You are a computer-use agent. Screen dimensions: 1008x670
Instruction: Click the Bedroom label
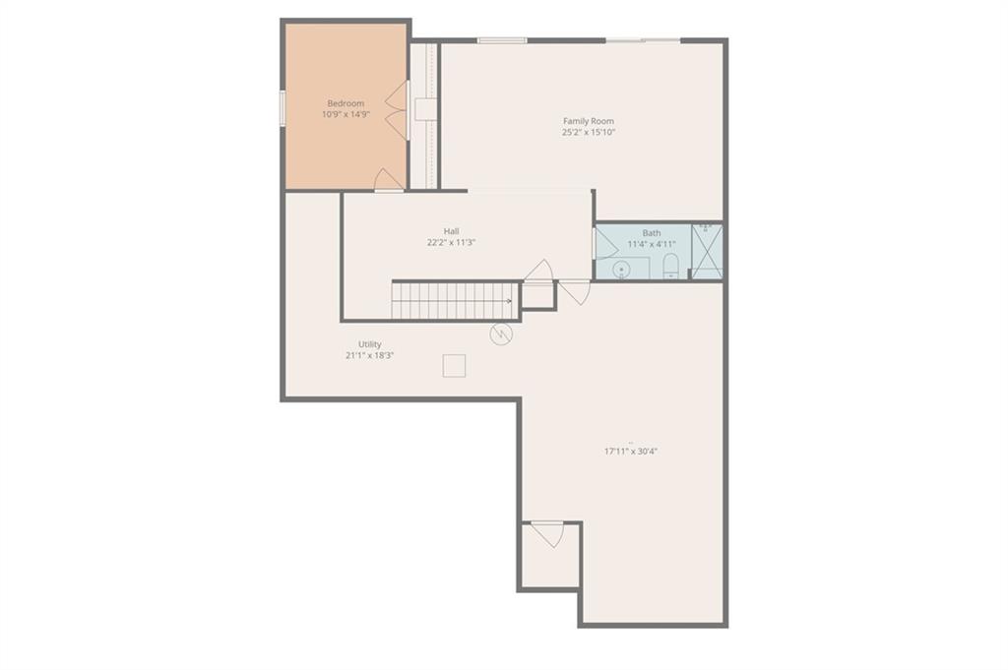click(346, 103)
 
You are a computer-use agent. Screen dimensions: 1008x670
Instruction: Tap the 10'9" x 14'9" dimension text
click(346, 115)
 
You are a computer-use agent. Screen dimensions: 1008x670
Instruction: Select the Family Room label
click(589, 121)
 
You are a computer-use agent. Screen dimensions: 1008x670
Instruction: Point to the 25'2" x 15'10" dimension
click(589, 133)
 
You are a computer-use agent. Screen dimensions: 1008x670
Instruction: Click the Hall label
click(451, 231)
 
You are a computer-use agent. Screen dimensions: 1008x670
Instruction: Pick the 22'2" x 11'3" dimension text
click(451, 243)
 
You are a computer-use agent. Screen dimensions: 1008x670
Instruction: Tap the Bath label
click(652, 233)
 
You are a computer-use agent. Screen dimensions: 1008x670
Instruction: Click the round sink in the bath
click(621, 270)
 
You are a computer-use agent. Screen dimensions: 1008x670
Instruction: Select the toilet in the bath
click(670, 266)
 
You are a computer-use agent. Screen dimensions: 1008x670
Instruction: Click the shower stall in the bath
click(707, 251)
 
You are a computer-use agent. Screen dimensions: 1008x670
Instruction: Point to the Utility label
click(370, 344)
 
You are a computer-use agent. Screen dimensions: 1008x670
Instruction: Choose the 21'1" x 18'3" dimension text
click(370, 355)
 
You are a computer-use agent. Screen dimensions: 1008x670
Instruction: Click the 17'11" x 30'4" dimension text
click(631, 451)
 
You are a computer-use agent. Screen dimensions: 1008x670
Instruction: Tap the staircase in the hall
click(454, 300)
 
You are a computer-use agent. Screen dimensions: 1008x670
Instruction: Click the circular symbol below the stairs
click(501, 335)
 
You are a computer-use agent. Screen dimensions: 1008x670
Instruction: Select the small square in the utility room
click(454, 366)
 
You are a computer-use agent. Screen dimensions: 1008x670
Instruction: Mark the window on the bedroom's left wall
click(282, 108)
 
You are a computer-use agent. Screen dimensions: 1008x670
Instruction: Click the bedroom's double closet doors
click(397, 109)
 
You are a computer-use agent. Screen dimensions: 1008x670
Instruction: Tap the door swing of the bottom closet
click(547, 534)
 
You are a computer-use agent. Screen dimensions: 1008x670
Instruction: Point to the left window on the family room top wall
click(502, 41)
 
